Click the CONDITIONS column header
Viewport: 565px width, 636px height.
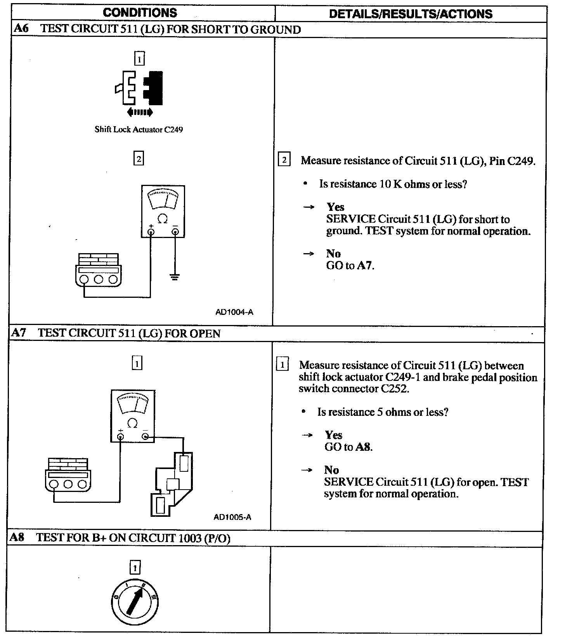tap(140, 13)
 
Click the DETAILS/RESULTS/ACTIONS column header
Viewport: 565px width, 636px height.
tap(411, 14)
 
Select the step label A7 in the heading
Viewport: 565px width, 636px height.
tap(19, 333)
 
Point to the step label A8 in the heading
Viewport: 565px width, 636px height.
tap(17, 538)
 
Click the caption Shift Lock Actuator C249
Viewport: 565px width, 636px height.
tap(139, 130)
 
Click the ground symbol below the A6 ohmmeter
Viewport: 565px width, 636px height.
tap(175, 277)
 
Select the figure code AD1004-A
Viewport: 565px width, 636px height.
tap(234, 312)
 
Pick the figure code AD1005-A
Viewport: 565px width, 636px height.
tap(232, 517)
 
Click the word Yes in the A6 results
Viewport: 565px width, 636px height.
tap(335, 207)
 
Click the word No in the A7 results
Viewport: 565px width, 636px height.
tap(331, 470)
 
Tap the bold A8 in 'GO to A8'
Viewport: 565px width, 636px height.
tap(363, 447)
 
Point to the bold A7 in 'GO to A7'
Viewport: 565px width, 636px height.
tap(365, 266)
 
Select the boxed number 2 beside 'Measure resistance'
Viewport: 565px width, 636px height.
tap(284, 160)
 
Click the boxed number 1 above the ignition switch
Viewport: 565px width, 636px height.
tap(135, 568)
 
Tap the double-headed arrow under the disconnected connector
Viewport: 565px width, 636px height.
tap(140, 113)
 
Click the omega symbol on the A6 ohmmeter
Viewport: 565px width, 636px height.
tap(163, 219)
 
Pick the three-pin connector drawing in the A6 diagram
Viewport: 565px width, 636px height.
tap(98, 270)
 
